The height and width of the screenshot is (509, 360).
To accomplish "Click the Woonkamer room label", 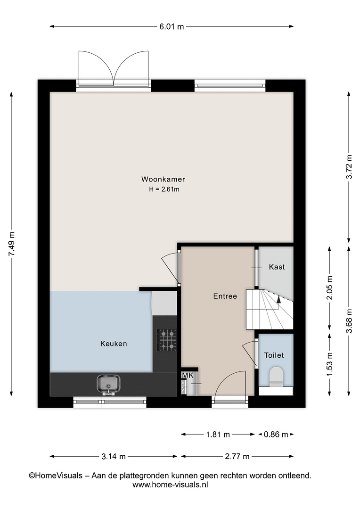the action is tap(163, 179).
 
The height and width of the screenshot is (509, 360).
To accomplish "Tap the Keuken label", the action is tap(114, 344).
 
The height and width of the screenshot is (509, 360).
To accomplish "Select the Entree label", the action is tap(225, 296).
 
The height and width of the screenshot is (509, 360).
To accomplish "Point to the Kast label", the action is tap(277, 267).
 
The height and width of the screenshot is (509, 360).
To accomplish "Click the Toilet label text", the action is tap(274, 355).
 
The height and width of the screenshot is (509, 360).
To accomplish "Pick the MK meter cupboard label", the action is tap(188, 376).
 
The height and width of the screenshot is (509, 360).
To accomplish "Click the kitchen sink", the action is tap(108, 384).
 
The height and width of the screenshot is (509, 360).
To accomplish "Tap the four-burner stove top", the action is tap(167, 340).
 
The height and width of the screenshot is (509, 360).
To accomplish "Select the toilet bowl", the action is tap(276, 376).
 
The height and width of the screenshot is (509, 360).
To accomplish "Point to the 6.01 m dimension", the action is tap(172, 26).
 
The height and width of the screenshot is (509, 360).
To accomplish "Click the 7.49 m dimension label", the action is tap(12, 244).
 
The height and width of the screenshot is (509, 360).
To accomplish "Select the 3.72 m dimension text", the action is tap(349, 167).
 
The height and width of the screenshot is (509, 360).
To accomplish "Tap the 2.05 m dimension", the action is tap(330, 288).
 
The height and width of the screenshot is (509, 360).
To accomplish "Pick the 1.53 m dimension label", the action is tap(330, 364).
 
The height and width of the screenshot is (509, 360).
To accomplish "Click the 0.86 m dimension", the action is tap(276, 435).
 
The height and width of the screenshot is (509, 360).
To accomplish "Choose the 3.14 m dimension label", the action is tap(114, 456).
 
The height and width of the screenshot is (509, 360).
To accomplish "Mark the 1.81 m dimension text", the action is tap(218, 435).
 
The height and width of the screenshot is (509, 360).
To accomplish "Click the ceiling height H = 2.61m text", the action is tap(164, 189).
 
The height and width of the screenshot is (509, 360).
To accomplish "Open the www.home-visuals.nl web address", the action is tap(170, 485).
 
